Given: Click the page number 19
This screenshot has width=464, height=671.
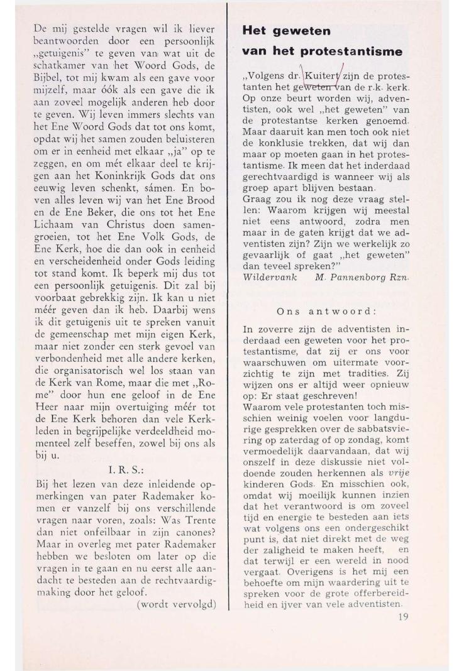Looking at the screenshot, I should point(403,616).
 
